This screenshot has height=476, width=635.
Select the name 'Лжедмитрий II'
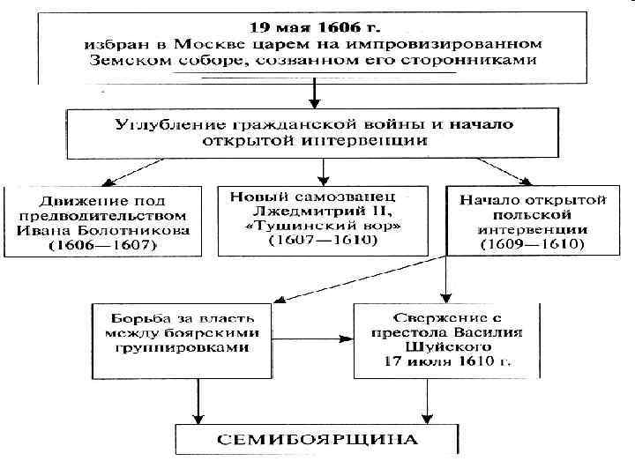click(x=323, y=210)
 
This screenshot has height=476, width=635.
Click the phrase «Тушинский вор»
click(x=323, y=226)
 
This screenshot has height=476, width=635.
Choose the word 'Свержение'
click(x=415, y=316)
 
